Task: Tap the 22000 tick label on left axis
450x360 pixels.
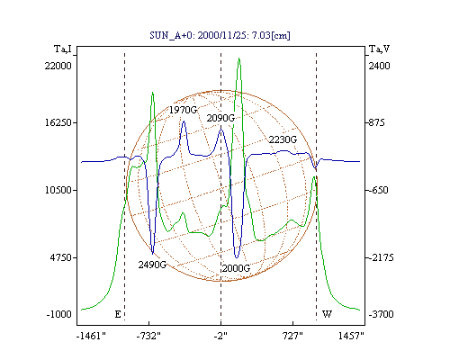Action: (58, 66)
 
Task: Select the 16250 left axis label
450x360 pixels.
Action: (58, 122)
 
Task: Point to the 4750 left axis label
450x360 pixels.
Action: (60, 257)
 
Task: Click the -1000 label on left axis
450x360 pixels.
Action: (59, 314)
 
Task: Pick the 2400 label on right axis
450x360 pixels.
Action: (379, 66)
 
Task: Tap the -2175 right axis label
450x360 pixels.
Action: (381, 257)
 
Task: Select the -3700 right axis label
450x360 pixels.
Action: (381, 314)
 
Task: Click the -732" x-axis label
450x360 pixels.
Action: (148, 336)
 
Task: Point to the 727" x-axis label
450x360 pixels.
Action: (292, 336)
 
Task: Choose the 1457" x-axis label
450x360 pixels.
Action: (351, 336)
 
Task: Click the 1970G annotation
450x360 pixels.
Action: (183, 110)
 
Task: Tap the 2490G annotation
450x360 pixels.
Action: (152, 265)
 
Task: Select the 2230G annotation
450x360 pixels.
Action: (283, 139)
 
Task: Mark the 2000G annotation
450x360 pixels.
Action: (236, 268)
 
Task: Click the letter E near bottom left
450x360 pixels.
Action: (118, 314)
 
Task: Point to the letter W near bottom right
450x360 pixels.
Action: (327, 314)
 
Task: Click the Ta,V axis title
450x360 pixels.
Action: (379, 49)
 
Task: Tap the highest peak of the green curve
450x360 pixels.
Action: (239, 58)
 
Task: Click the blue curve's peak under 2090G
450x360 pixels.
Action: (221, 130)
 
